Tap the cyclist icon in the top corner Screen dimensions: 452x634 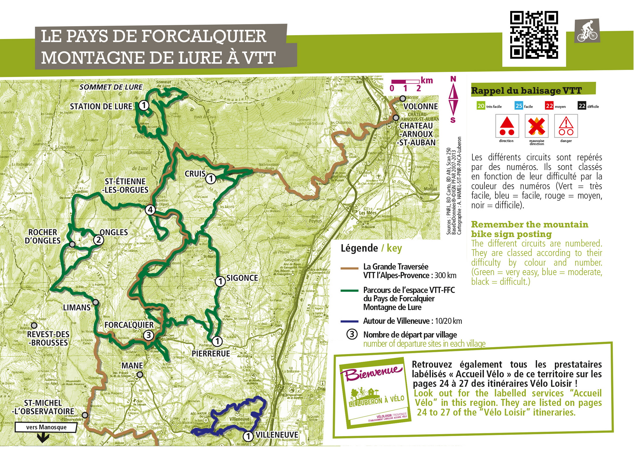click(587, 31)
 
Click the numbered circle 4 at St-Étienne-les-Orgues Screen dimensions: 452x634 click(150, 210)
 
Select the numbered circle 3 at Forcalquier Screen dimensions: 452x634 click(148, 335)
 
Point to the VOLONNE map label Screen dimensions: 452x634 click(420, 106)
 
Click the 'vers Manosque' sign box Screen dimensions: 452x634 click(46, 427)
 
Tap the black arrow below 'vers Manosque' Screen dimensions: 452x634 click(43, 438)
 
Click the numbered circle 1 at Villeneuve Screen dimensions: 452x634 click(248, 436)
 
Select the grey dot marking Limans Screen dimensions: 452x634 click(96, 302)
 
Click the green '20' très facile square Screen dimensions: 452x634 click(481, 106)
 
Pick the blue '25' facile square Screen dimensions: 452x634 click(518, 106)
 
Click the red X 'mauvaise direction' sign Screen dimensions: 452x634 click(537, 126)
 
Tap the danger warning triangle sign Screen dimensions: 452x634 click(566, 126)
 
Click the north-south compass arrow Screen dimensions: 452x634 click(453, 100)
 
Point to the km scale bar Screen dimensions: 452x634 click(405, 82)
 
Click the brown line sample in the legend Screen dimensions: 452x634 click(349, 268)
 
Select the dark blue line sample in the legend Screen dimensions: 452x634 click(349, 322)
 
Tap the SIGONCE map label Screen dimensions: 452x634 click(242, 278)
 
